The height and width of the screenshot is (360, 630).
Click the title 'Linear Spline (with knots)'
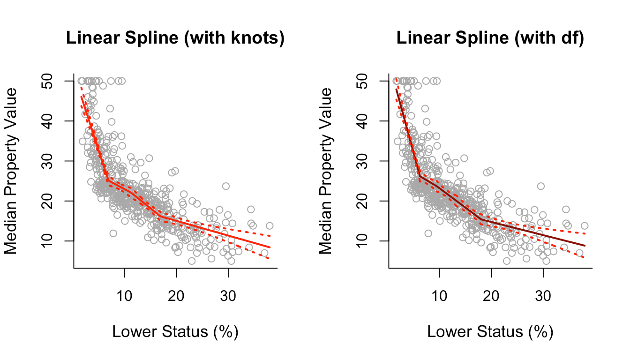pos(175,39)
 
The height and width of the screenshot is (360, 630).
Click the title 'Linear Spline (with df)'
pos(490,39)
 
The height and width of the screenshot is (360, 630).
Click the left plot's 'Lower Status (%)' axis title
pos(175,332)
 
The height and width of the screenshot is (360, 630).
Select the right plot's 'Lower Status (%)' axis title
pos(490,332)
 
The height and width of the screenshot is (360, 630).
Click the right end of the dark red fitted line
pos(585,245)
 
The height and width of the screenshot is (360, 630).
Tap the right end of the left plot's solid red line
pos(270,247)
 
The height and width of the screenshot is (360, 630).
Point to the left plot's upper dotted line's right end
pos(270,236)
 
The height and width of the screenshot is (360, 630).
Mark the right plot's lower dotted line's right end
pos(585,257)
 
